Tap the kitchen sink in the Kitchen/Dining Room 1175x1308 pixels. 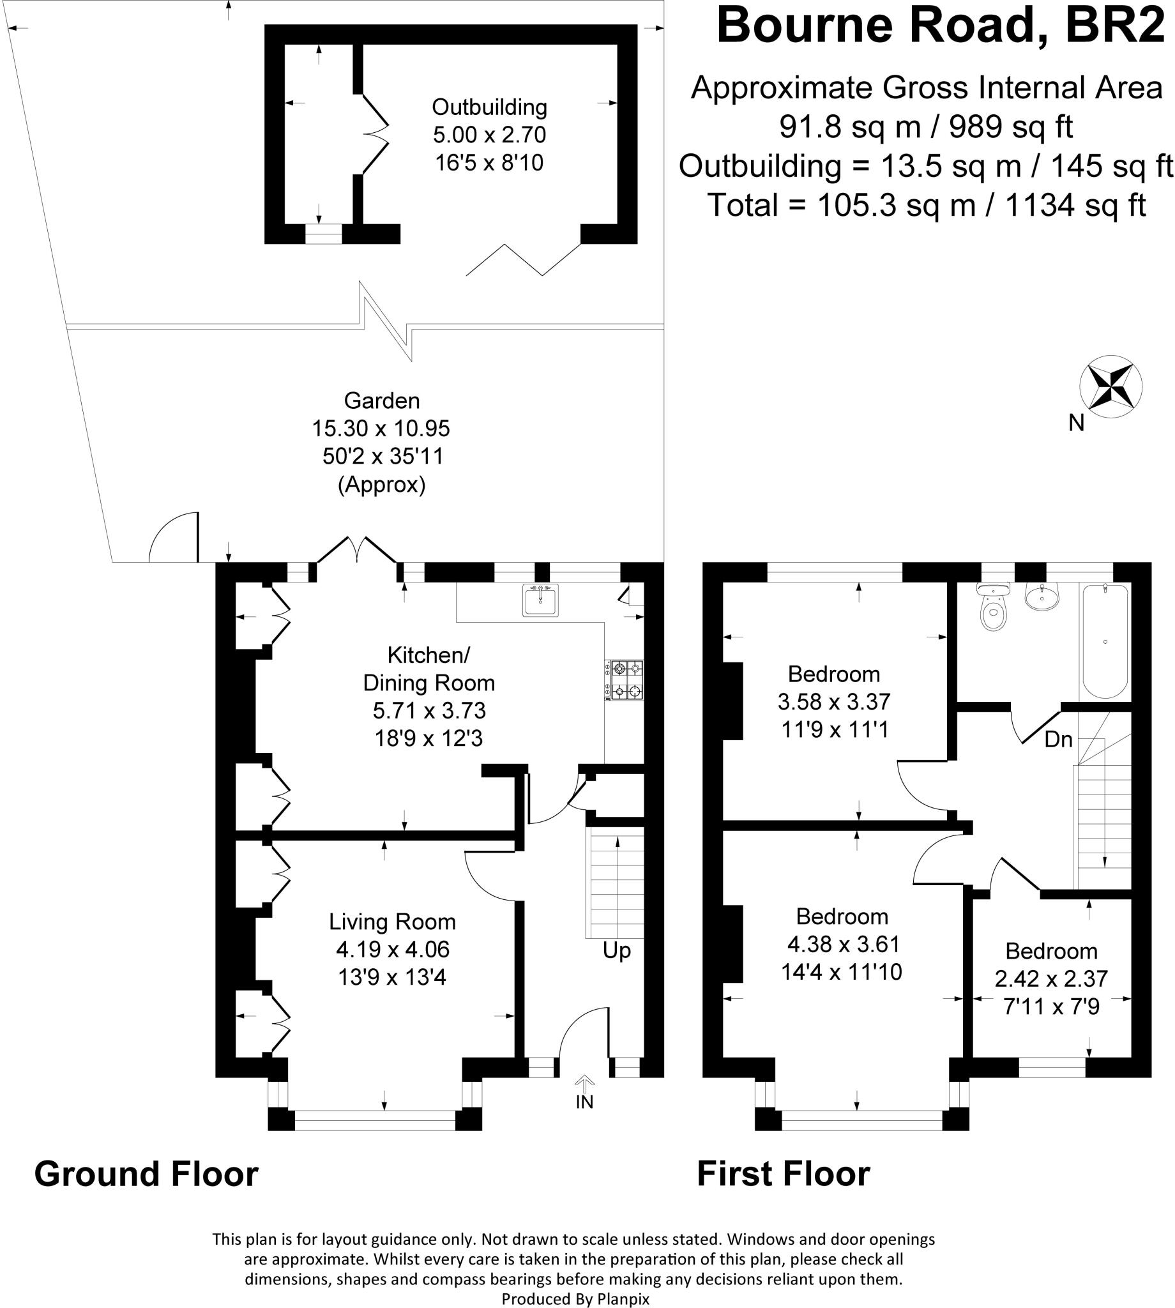[540, 600]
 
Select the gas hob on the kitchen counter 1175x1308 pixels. [625, 680]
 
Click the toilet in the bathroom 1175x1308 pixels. [993, 609]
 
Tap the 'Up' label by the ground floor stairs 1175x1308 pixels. [616, 950]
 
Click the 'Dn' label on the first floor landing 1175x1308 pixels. [1058, 739]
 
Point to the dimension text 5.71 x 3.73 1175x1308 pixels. [428, 710]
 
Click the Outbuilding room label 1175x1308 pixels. [489, 107]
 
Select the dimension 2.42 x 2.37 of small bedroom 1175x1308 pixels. [1051, 978]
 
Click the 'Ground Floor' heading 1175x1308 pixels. [146, 1174]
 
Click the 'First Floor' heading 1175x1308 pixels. [783, 1174]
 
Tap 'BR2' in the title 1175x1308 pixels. [1114, 26]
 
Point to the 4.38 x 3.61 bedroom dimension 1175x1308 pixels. [843, 944]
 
